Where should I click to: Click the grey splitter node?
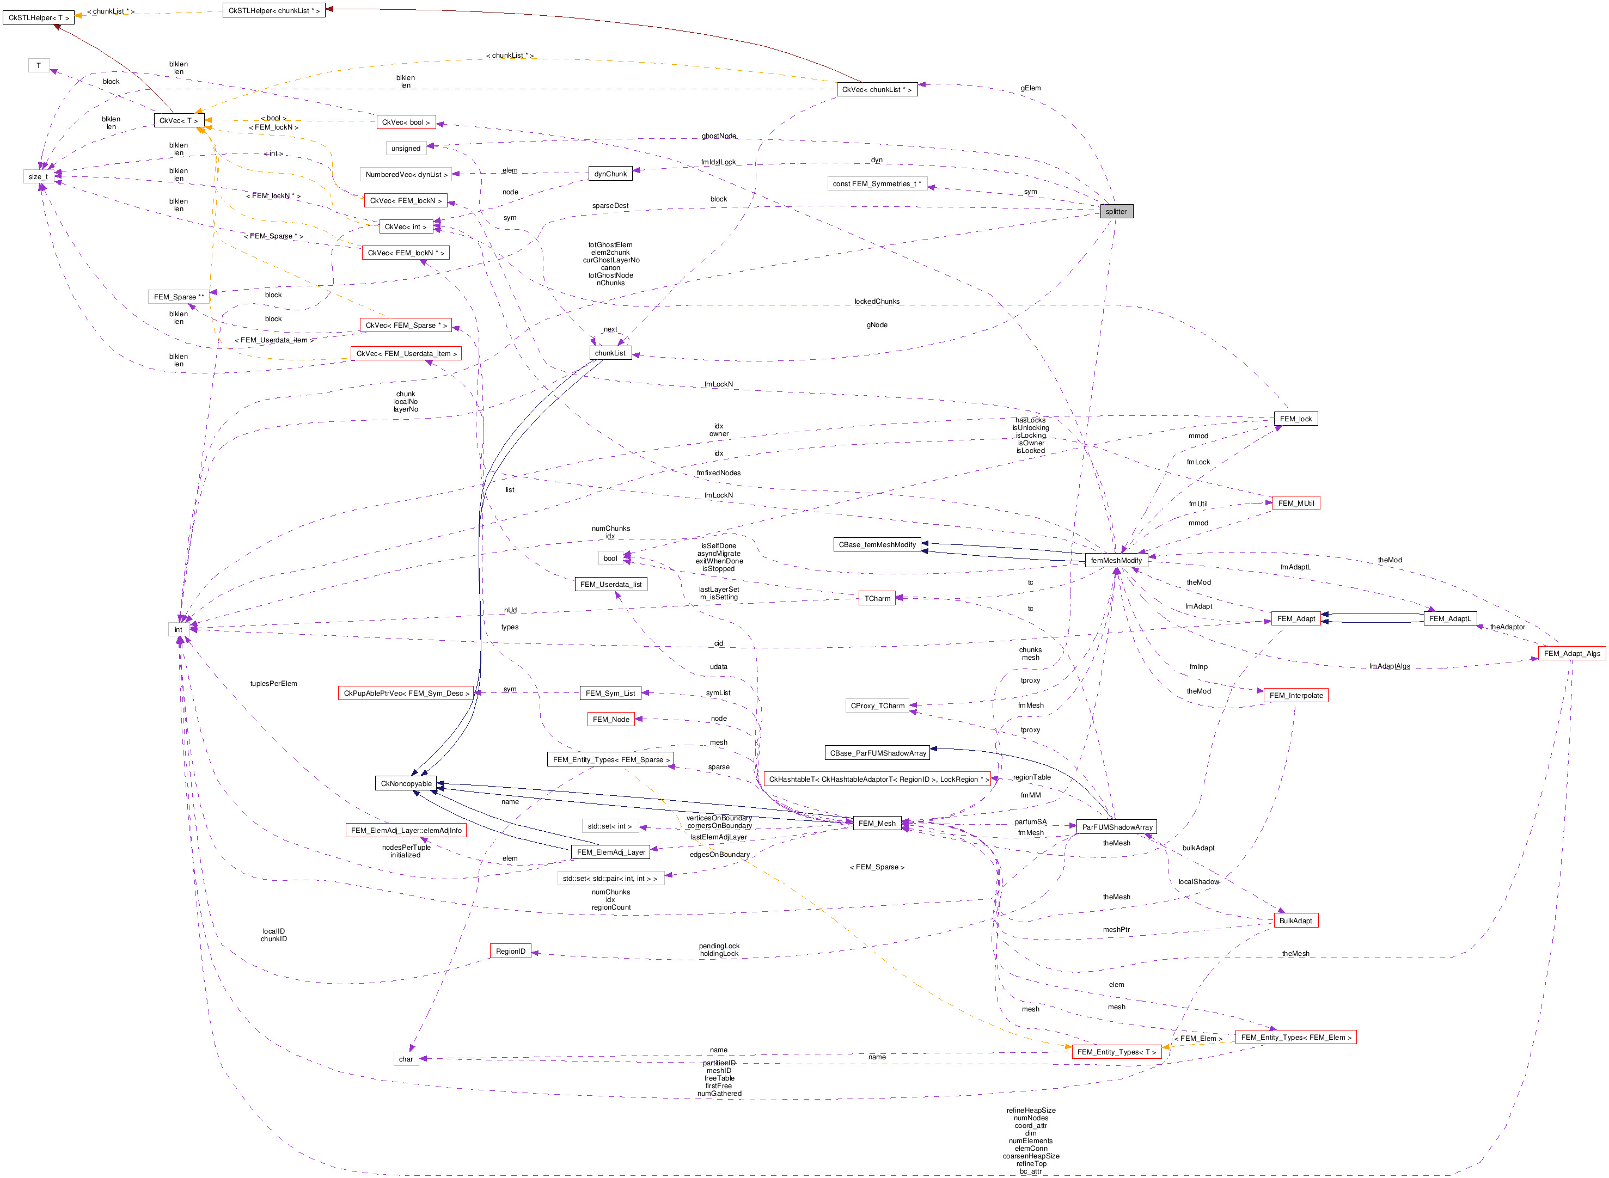pyautogui.click(x=1116, y=211)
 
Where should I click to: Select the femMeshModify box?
pyautogui.click(x=1116, y=561)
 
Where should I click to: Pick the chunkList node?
pyautogui.click(x=610, y=353)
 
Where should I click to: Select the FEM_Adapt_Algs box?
pyautogui.click(x=1571, y=653)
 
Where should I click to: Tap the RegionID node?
pyautogui.click(x=510, y=951)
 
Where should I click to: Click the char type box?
pyautogui.click(x=405, y=1059)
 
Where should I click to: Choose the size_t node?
pyautogui.click(x=38, y=176)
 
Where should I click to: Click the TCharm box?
pyautogui.click(x=877, y=598)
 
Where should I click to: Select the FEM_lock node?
pyautogui.click(x=1295, y=419)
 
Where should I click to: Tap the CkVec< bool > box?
pyautogui.click(x=405, y=122)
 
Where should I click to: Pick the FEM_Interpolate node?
pyautogui.click(x=1295, y=695)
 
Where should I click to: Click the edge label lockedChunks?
pyautogui.click(x=877, y=302)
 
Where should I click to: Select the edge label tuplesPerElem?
pyautogui.click(x=273, y=684)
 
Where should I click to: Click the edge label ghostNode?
pyautogui.click(x=718, y=136)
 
